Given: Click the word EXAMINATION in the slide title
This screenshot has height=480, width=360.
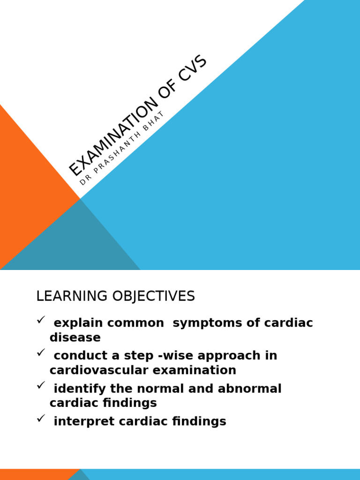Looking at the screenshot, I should pyautogui.click(x=113, y=136).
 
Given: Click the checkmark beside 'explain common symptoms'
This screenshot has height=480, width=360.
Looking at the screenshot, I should pyautogui.click(x=40, y=320).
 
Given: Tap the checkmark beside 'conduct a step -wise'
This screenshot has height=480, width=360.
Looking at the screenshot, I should pyautogui.click(x=40, y=353).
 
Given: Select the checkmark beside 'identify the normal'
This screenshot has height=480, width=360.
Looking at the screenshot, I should pyautogui.click(x=40, y=386).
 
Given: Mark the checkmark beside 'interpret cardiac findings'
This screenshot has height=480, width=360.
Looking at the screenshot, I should pyautogui.click(x=40, y=419).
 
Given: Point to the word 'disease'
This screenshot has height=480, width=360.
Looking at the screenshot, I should pyautogui.click(x=75, y=337).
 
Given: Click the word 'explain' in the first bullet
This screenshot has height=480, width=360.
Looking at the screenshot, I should pyautogui.click(x=77, y=323).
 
